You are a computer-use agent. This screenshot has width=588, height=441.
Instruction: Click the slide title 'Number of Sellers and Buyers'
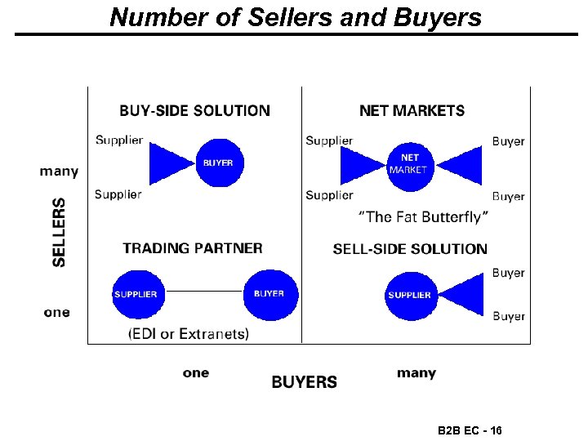point(296,17)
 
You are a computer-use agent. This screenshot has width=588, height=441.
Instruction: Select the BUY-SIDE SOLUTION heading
point(194,110)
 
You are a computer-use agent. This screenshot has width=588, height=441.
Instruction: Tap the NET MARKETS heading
point(412,110)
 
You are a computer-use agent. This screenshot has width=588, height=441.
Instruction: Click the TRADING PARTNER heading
point(193,248)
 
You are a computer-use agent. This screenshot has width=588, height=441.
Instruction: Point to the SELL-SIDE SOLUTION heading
point(410,249)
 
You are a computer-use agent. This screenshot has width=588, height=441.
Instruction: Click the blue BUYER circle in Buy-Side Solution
point(218,163)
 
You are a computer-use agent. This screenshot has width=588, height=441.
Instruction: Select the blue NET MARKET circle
point(408,164)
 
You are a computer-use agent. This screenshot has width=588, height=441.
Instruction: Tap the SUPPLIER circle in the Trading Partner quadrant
point(136,294)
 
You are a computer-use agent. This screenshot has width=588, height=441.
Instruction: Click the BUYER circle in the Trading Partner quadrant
point(269,293)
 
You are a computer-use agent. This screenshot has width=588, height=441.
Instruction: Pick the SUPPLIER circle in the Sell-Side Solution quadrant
point(409,295)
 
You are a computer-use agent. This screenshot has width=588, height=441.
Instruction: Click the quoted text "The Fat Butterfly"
point(424,217)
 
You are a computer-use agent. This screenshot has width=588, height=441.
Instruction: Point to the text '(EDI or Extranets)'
point(189,333)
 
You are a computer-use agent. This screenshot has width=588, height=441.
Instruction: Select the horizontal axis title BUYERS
point(304,381)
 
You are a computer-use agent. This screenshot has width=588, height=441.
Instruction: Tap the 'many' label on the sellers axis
point(59,171)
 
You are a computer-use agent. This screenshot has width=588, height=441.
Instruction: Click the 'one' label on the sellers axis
point(57,312)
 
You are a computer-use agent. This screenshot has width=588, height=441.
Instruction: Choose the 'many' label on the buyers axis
point(416,373)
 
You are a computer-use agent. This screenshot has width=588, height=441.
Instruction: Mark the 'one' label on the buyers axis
point(196,373)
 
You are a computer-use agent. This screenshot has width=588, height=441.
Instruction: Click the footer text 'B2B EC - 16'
point(470,430)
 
